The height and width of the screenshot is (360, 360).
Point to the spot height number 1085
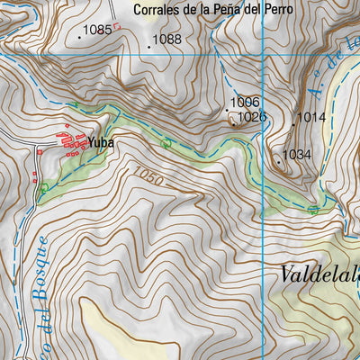click(97, 30)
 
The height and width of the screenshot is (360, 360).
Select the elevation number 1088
click(166, 40)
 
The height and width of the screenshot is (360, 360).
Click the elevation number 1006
click(245, 103)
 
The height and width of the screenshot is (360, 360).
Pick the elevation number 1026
click(253, 117)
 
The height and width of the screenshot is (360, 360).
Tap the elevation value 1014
click(311, 117)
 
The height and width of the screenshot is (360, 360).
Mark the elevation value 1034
click(296, 155)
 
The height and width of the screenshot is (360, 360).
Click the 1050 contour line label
click(148, 176)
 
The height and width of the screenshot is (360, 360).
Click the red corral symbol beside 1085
click(116, 27)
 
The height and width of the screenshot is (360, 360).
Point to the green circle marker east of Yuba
click(166, 143)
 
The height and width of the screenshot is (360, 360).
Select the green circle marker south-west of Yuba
click(44, 187)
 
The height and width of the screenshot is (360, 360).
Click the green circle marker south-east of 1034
click(313, 210)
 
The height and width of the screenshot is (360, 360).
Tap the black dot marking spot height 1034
click(278, 156)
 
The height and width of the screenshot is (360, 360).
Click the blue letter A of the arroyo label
click(313, 87)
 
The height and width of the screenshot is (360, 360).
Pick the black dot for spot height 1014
click(293, 117)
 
